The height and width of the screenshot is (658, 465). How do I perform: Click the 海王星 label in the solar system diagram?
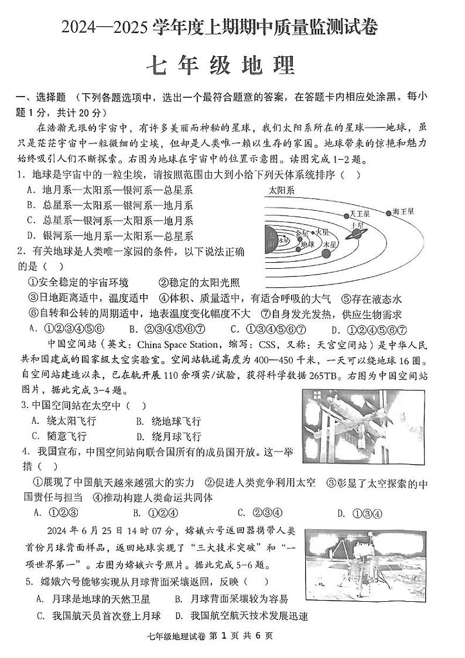click(x=404, y=212)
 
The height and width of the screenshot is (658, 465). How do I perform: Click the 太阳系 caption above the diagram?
click(x=282, y=190)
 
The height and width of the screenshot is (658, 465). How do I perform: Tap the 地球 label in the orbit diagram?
click(x=308, y=244)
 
